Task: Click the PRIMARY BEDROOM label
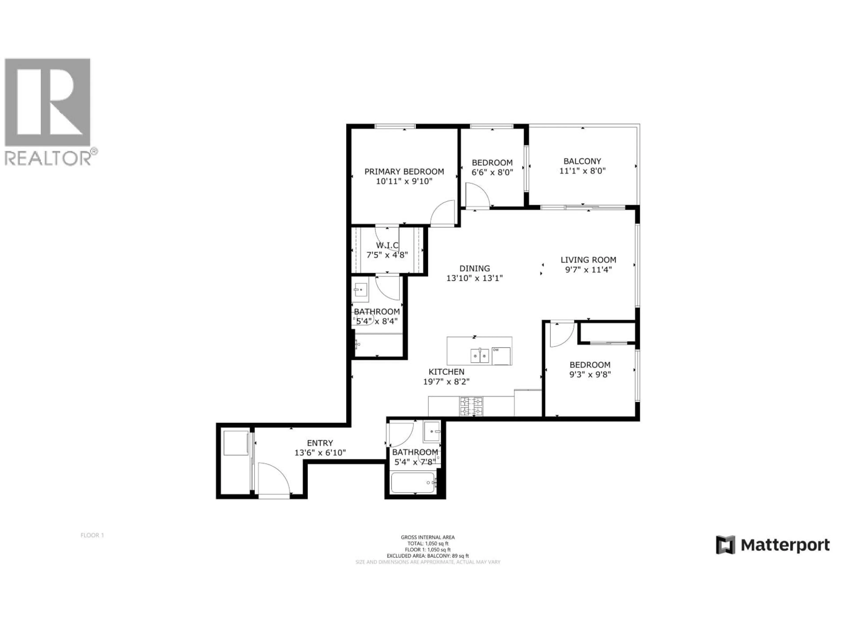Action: pos(404,171)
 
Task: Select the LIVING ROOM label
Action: pos(588,260)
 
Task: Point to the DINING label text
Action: pos(474,268)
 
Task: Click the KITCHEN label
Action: pos(446,372)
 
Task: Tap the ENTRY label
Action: pos(320,443)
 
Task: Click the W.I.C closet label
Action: pos(387,245)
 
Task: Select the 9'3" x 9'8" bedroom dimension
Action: pos(590,374)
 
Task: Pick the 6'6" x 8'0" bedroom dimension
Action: pos(492,173)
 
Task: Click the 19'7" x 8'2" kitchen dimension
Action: pos(446,382)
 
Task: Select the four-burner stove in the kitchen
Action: pos(471,406)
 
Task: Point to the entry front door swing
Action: pos(274,478)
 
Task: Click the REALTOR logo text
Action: pos(48,158)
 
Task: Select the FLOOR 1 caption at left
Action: pos(92,535)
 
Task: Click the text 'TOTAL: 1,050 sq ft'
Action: pos(428,543)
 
